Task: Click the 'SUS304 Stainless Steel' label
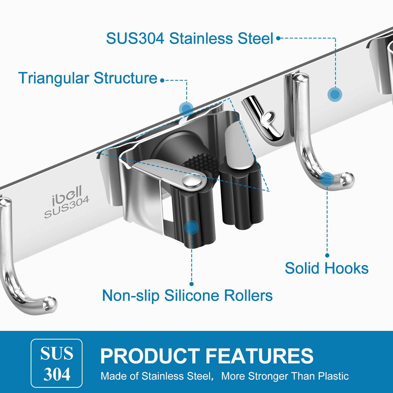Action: coord(190,39)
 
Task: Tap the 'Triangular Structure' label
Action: coord(88,78)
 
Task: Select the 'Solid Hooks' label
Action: coord(327,268)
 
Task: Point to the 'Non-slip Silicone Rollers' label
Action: coord(187,296)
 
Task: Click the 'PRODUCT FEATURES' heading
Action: coord(207,356)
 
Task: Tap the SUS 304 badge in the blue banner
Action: coord(57,363)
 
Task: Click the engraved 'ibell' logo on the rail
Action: coord(67,195)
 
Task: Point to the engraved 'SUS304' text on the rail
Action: coord(67,207)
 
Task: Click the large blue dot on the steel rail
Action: coord(335,94)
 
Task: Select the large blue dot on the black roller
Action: coord(191,227)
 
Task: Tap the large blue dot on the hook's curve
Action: coord(327,179)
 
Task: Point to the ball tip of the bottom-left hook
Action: coord(50,304)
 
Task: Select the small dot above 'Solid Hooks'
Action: coord(327,255)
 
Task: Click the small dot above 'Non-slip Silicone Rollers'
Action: coord(192,284)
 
